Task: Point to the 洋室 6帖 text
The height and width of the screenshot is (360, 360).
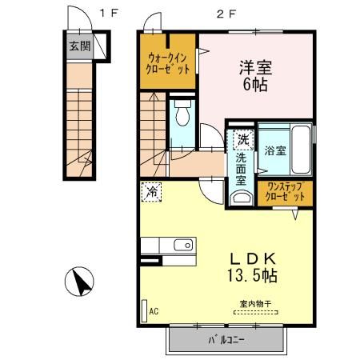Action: coord(255,74)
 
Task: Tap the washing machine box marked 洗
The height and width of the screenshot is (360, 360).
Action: coord(241,141)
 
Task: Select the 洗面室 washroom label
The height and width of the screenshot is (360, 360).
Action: coord(241,168)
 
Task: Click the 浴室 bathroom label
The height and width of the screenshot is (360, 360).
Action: coord(276,150)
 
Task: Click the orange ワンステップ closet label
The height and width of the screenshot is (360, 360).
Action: coord(284,192)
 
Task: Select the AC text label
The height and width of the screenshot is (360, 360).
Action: coord(154,311)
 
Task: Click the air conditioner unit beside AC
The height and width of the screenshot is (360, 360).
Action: coord(143,310)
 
